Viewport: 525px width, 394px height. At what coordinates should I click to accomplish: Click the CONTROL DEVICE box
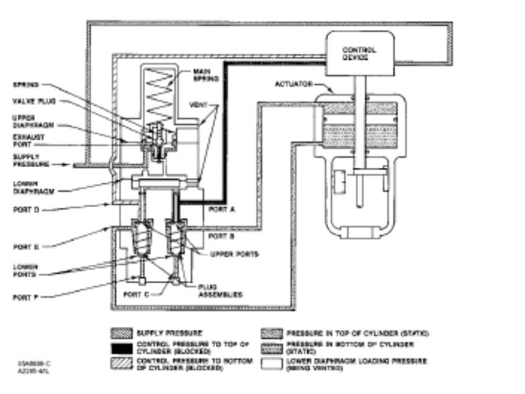(x=359, y=55)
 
